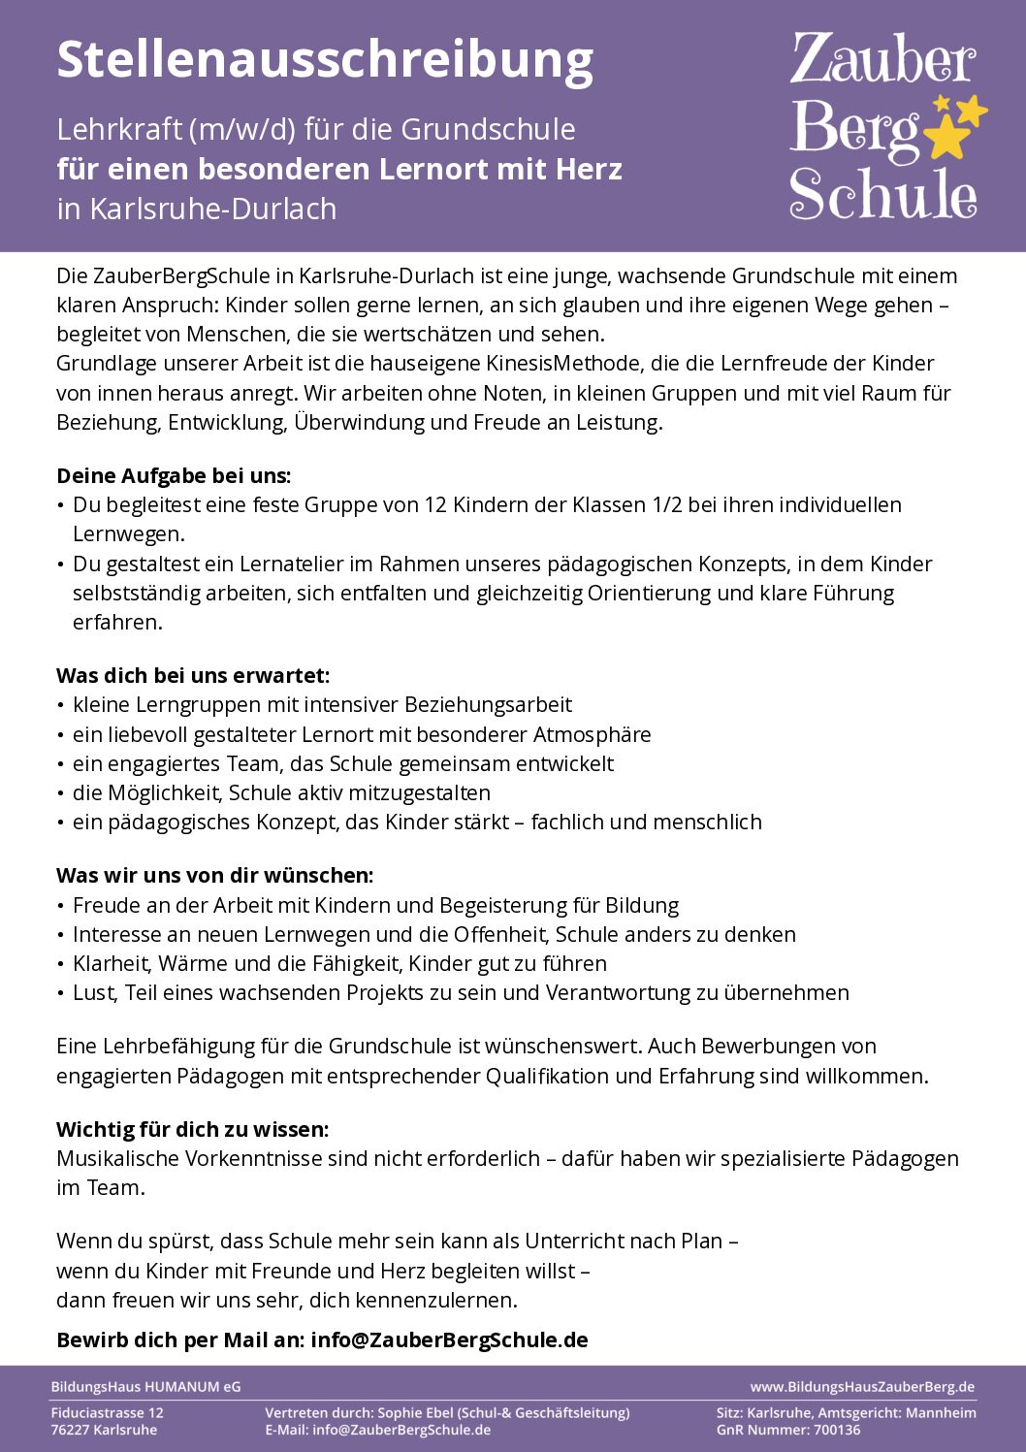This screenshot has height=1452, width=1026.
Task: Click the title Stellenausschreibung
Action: click(325, 60)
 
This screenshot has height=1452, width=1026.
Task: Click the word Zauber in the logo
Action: click(882, 60)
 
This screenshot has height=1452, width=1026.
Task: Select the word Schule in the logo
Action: click(882, 194)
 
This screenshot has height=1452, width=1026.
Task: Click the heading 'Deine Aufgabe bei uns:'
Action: click(174, 475)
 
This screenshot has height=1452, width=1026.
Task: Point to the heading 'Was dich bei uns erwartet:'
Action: click(193, 675)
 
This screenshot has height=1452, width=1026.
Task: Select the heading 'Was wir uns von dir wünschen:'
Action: click(214, 875)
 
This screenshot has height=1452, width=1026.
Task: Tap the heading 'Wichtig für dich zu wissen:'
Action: click(193, 1129)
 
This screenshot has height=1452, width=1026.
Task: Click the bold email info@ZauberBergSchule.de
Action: click(449, 1339)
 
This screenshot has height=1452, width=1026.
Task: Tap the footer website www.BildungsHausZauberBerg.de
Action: click(862, 1387)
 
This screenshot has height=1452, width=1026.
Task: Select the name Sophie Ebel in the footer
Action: click(413, 1413)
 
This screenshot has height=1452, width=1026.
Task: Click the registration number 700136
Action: click(836, 1430)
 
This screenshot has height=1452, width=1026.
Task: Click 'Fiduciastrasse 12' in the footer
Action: click(107, 1413)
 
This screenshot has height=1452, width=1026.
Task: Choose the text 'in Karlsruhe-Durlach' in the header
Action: click(197, 209)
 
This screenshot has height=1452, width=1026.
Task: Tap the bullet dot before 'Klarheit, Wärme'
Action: click(62, 964)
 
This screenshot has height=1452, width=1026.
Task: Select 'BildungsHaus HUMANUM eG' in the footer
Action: click(145, 1387)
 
